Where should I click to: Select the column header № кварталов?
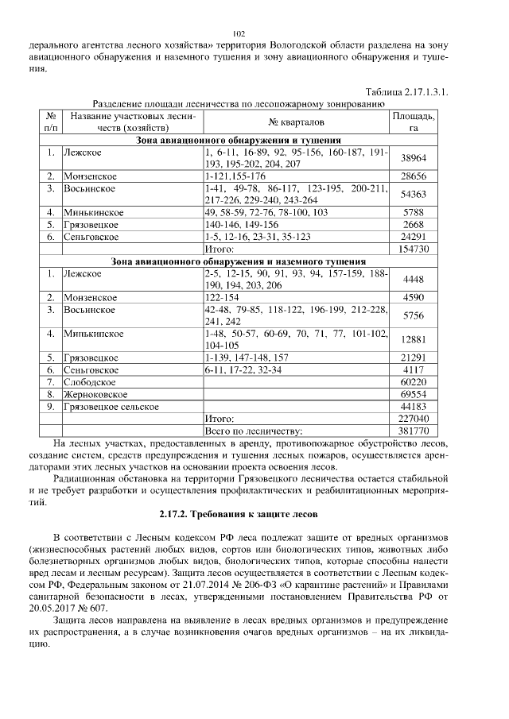pyautogui.click(x=296, y=122)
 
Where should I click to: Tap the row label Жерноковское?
pyautogui.click(x=96, y=394)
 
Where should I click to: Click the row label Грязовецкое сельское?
pyautogui.click(x=112, y=407)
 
